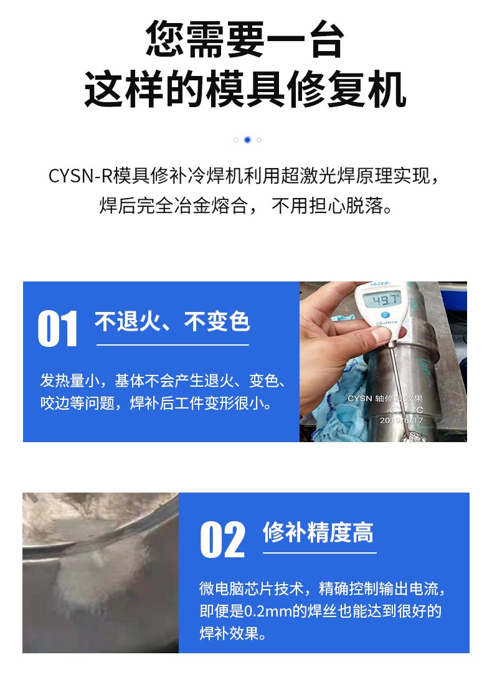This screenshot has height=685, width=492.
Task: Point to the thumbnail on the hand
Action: (x=382, y=335)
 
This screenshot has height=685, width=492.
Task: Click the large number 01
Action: (x=58, y=329)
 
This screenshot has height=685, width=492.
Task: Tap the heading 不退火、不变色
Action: (x=172, y=322)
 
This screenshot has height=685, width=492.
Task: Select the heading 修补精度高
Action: (x=318, y=533)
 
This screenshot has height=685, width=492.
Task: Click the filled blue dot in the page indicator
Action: (x=247, y=139)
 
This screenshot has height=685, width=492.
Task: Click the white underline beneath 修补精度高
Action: (x=319, y=552)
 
